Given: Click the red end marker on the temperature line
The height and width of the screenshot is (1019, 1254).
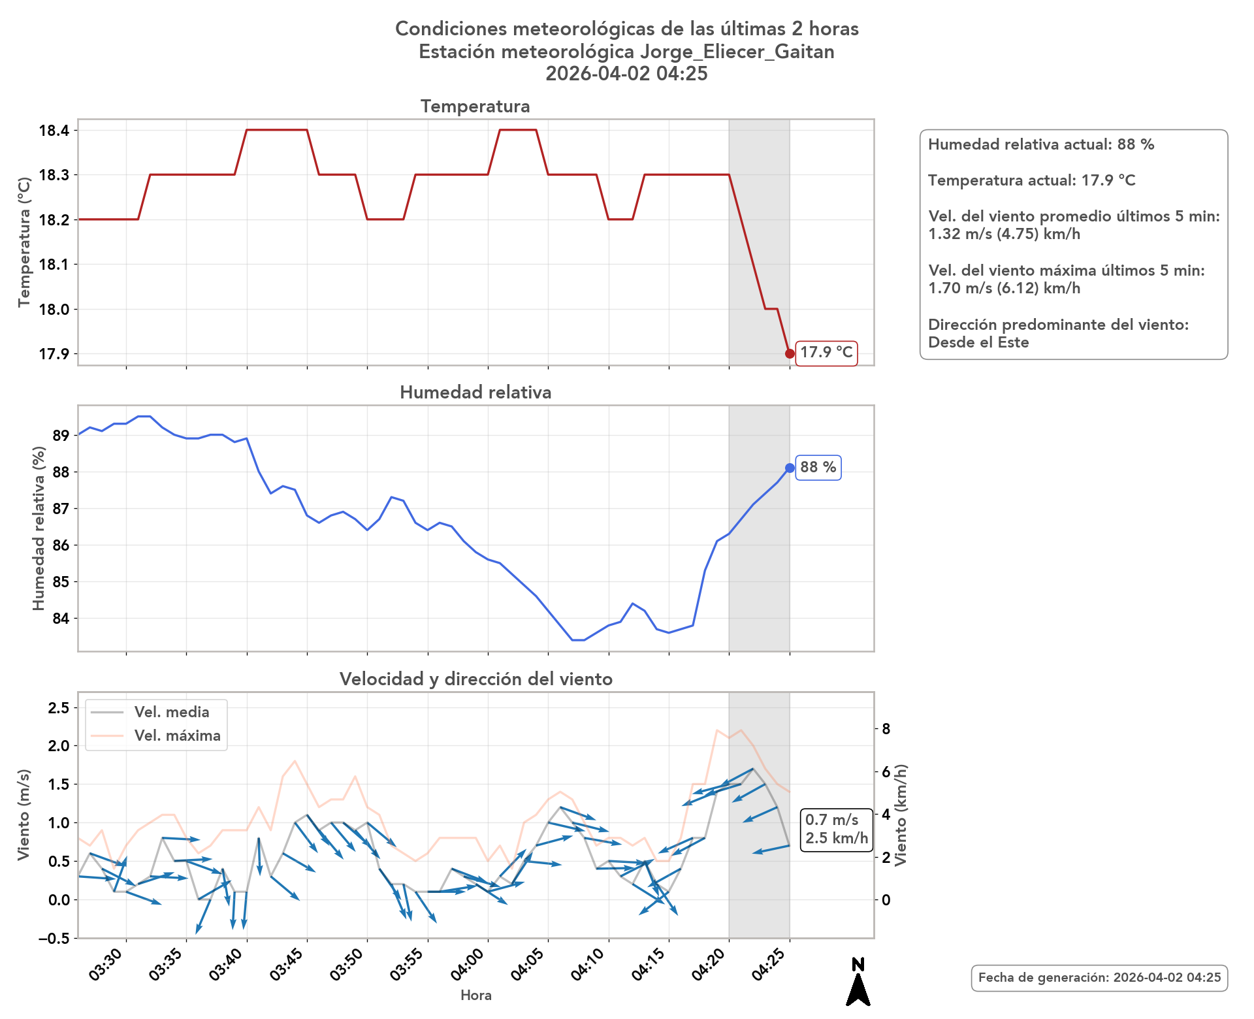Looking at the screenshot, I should coord(790,353).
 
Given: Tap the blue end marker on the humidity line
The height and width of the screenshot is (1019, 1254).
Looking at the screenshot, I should coord(790,468).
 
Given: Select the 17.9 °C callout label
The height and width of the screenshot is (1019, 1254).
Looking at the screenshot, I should coord(826,353).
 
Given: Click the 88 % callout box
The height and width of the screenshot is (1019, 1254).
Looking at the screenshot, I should coord(818,468).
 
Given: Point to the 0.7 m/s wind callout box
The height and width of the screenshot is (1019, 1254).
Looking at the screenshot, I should coord(836,829).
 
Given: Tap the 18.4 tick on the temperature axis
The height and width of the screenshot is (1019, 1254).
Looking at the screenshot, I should coord(54,131).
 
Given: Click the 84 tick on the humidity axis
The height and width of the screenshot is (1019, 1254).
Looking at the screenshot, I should coord(61,618).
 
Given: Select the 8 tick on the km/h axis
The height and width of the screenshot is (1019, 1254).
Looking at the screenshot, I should coord(886,729).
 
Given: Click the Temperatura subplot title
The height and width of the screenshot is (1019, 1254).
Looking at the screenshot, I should coord(475,106).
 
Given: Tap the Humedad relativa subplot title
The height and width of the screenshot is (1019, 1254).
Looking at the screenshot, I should coord(475,393).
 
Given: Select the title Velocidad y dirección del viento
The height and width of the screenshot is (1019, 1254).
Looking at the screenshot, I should coord(475,679).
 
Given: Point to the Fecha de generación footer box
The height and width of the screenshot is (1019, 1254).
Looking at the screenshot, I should coord(1099,978).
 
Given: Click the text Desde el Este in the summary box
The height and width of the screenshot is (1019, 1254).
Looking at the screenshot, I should coord(978,342).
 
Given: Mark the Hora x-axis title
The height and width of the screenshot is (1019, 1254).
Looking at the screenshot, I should coord(475,995).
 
